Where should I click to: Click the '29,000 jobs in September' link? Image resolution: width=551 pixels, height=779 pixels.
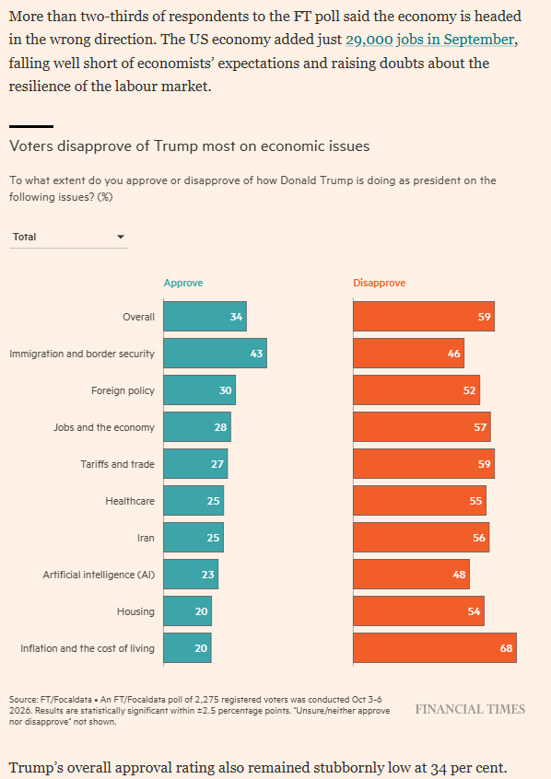429,40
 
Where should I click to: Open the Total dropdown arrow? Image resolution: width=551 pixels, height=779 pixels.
121,237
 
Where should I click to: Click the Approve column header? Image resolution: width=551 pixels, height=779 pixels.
183,283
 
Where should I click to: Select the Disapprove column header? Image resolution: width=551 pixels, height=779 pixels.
380,283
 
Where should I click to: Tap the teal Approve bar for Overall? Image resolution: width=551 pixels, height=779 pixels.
205,317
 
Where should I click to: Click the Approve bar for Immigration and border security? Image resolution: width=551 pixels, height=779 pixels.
216,354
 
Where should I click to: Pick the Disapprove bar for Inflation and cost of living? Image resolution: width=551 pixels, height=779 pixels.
435,648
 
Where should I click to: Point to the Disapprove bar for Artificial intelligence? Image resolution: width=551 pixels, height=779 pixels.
411,575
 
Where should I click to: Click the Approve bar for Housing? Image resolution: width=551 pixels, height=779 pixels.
187,611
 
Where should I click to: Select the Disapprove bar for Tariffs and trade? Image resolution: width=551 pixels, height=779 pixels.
424,463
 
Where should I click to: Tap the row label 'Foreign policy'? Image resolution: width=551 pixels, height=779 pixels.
123,390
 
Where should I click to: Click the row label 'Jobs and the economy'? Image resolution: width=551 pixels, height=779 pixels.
104,427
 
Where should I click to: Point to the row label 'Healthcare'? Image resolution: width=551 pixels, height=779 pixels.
130,501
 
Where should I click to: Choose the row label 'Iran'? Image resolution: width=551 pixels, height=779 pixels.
146,538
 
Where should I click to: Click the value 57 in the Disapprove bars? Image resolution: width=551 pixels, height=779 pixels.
480,427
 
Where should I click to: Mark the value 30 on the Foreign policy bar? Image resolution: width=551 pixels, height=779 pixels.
225,390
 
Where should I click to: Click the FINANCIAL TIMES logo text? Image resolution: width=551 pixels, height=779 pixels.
471,709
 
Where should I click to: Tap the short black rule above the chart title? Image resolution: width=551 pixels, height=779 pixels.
31,127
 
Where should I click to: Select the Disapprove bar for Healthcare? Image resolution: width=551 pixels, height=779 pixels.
420,501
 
